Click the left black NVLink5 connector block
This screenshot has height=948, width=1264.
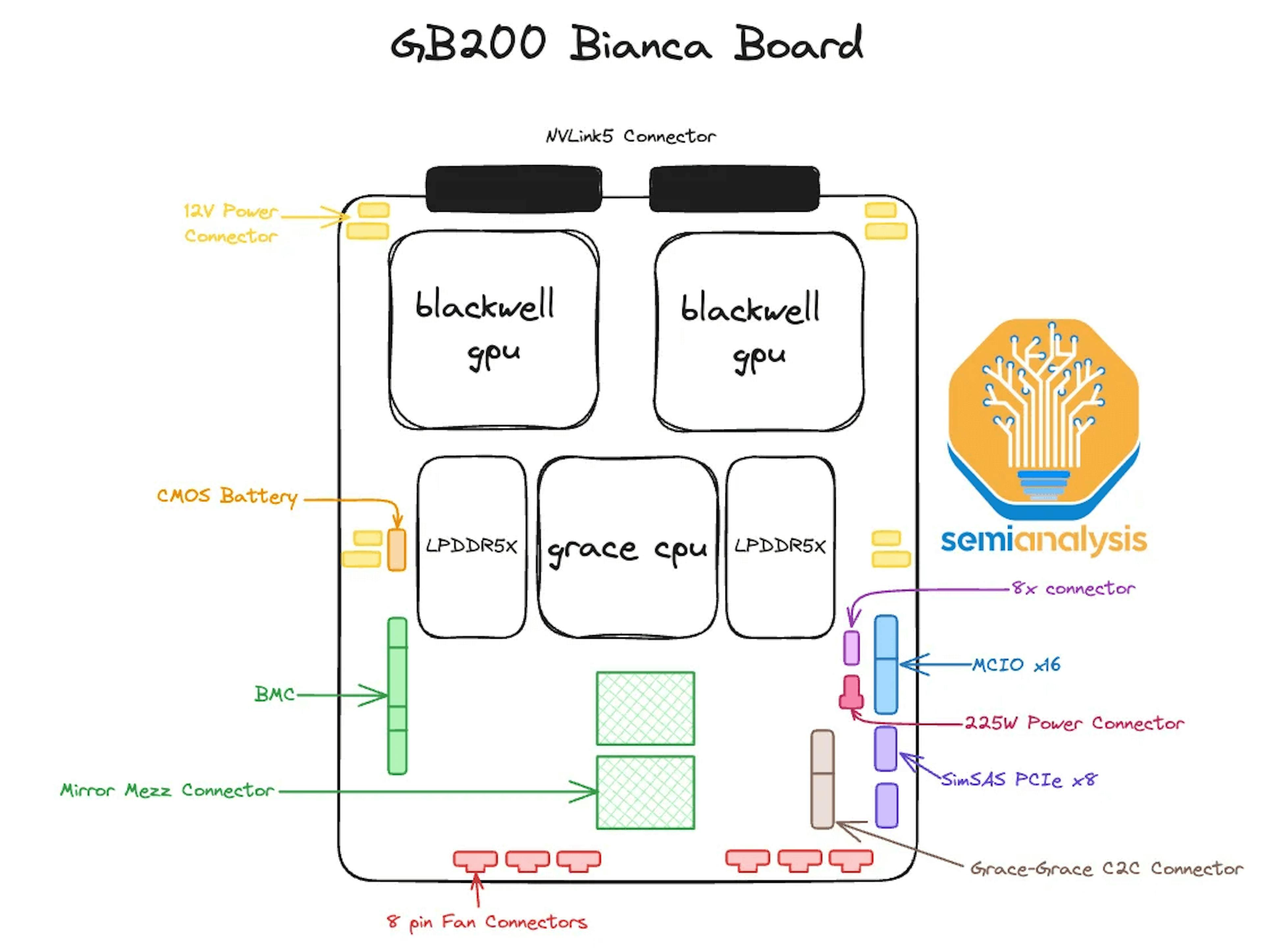(513, 189)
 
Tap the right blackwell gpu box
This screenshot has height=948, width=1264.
(758, 332)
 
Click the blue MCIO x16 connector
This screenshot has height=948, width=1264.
(886, 664)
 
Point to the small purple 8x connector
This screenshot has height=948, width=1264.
(852, 648)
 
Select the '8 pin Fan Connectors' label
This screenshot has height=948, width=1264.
(487, 922)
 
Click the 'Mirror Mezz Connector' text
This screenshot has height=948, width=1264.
(168, 791)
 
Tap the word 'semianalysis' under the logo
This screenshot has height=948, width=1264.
(1043, 540)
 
